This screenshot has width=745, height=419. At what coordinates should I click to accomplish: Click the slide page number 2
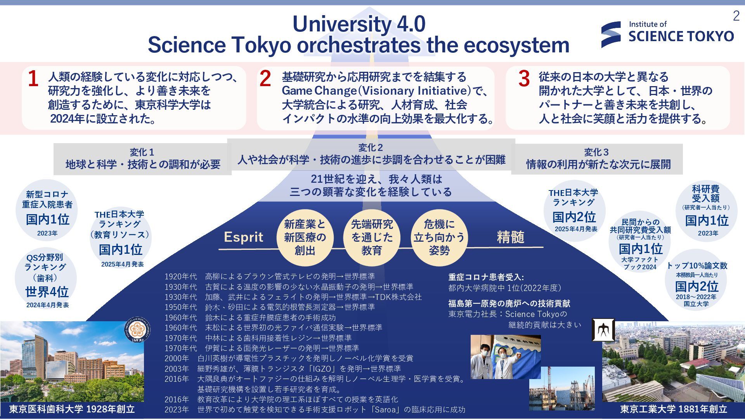click(736, 16)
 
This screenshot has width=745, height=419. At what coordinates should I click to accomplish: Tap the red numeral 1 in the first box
click(33, 79)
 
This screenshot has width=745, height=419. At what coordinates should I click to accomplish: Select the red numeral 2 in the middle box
click(265, 79)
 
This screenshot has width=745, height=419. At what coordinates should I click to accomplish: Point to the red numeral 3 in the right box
click(524, 79)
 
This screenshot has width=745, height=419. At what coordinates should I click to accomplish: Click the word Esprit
click(243, 237)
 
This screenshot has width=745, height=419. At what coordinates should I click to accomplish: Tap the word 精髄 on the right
click(510, 237)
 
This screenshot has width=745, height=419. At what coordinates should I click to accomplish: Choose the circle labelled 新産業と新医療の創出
click(305, 237)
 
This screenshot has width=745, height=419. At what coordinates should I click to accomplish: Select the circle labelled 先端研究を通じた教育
click(372, 237)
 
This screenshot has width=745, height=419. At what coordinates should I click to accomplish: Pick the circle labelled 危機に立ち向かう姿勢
click(439, 237)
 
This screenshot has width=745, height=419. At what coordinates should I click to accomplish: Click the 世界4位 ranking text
click(47, 292)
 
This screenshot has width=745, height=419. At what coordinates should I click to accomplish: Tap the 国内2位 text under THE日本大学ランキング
click(574, 217)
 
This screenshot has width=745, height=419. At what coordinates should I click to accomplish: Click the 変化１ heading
click(142, 152)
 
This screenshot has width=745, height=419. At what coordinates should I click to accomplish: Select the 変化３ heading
click(596, 152)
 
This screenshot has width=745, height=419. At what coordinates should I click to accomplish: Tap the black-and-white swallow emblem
click(603, 330)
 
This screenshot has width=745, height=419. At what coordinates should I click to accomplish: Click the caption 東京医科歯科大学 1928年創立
click(72, 409)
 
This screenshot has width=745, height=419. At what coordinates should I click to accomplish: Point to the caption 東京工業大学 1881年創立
click(674, 409)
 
